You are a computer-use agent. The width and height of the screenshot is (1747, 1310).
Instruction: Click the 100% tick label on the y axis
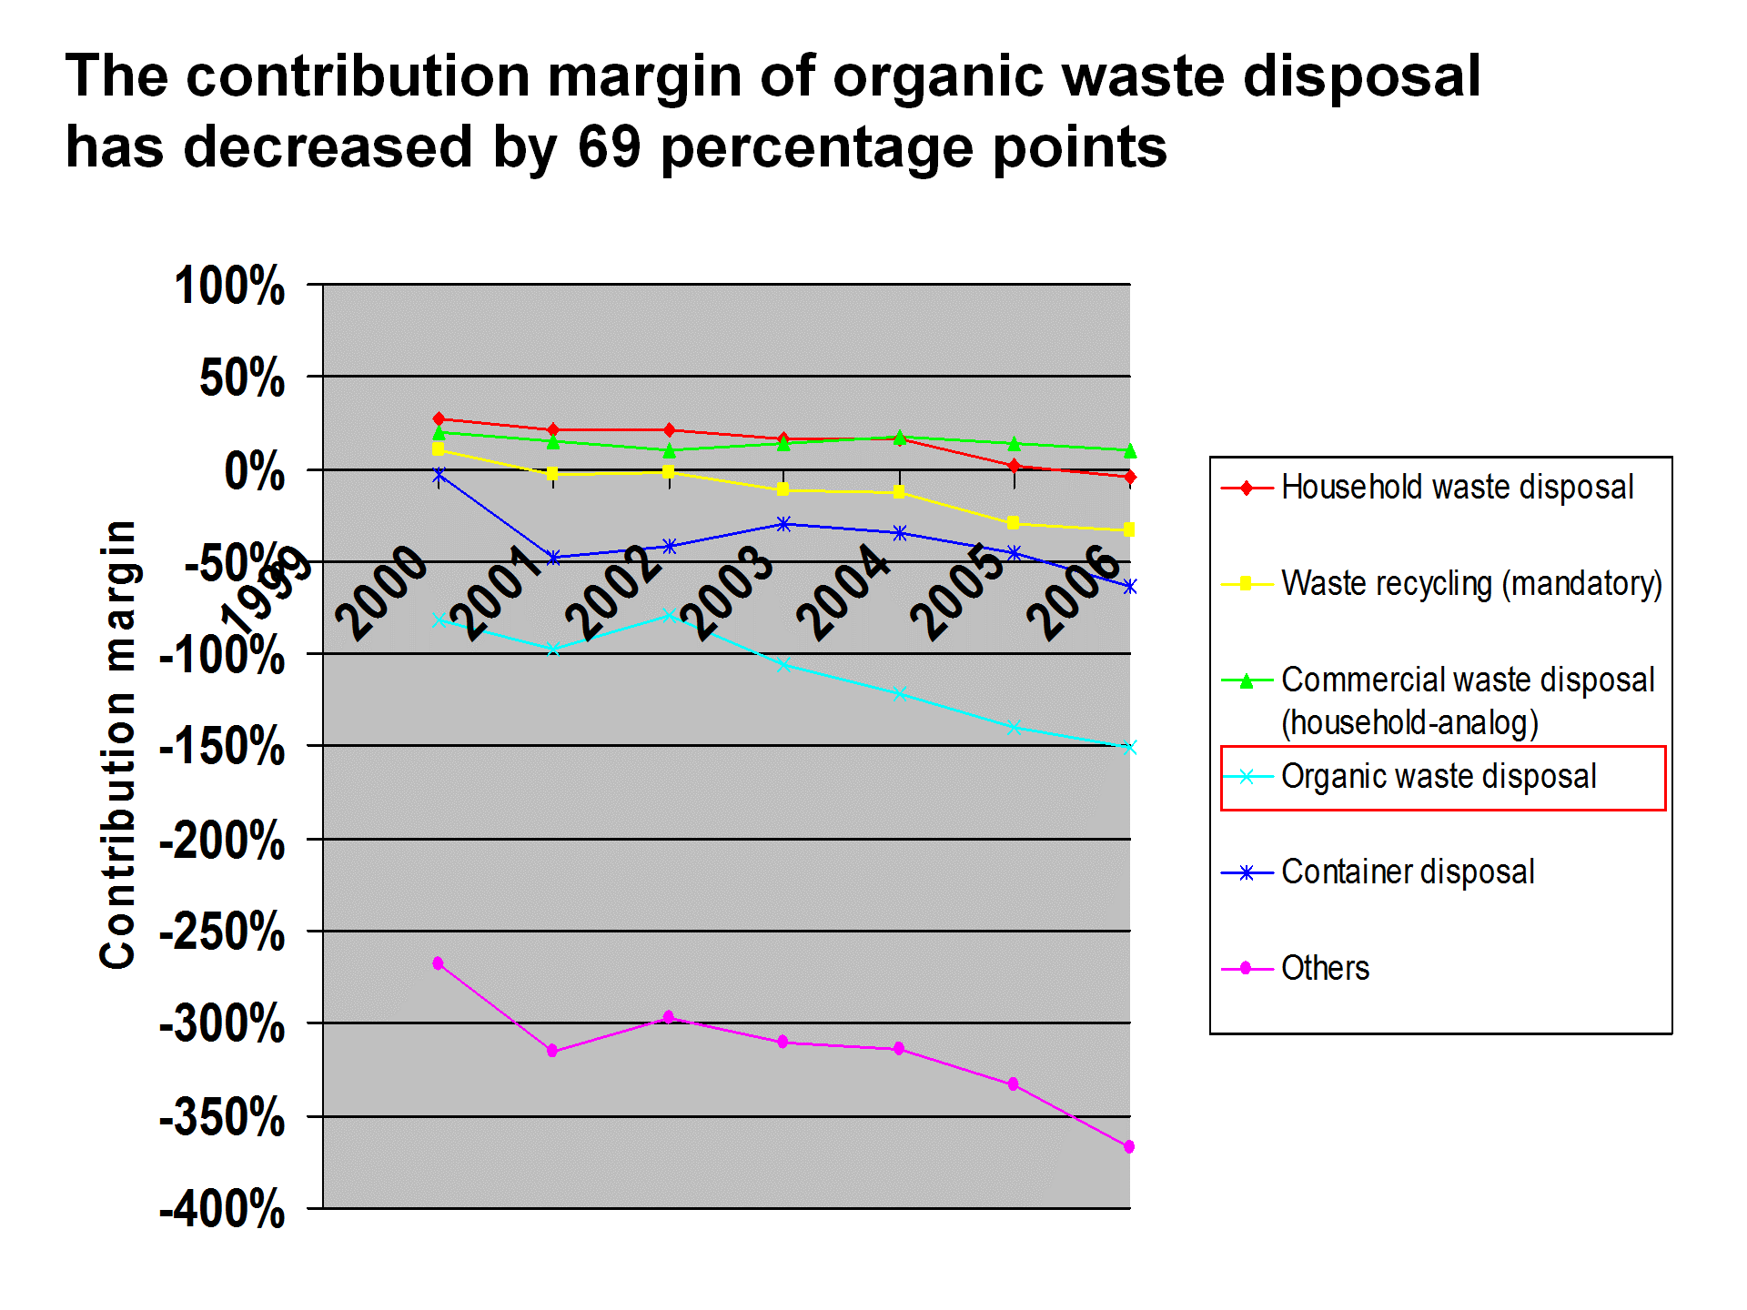229,286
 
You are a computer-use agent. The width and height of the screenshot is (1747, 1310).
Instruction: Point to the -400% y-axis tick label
222,1210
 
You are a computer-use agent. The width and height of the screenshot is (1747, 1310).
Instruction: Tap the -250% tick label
222,932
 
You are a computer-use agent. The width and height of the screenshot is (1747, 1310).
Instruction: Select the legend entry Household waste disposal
1457,488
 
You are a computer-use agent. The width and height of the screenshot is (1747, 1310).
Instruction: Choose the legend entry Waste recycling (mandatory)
1470,584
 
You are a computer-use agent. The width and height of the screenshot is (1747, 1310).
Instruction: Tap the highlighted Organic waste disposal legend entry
1439,777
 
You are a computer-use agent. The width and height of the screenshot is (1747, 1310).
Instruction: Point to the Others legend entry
1325,969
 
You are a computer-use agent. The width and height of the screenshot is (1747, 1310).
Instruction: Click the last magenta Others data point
1129,1147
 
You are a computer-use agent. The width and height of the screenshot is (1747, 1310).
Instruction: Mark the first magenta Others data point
439,963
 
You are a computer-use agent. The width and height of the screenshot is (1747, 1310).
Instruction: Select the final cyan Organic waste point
1129,748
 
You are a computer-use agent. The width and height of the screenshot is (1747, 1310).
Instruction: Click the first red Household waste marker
439,419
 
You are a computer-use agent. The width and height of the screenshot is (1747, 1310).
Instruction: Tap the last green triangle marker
1129,451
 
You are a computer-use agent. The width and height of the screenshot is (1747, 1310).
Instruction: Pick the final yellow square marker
1129,529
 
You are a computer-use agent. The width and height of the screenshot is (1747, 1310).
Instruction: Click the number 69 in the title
609,147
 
